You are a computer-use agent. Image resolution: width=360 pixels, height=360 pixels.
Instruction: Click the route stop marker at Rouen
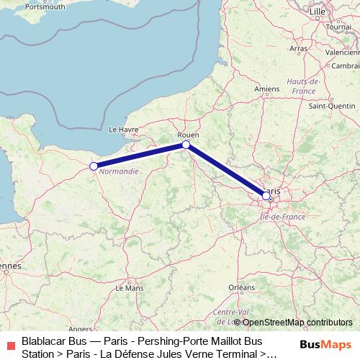coord(186,145)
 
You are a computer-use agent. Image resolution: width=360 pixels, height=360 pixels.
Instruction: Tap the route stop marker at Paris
coord(266,195)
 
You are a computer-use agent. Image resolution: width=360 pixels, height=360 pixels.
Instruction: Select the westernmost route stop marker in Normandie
coord(93,166)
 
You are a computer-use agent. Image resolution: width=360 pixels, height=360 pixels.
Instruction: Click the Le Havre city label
coord(122,130)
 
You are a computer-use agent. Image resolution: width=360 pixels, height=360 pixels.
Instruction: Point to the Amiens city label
coord(266,89)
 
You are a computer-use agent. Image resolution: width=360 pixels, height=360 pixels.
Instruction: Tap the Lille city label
coord(316,12)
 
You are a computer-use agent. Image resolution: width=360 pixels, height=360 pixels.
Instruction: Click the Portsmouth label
coord(45,6)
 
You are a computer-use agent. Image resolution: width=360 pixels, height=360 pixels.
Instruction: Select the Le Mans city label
coord(130,287)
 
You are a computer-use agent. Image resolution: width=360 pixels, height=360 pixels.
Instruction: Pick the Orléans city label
coord(241,287)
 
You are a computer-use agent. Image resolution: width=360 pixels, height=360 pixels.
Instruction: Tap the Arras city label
coord(298,49)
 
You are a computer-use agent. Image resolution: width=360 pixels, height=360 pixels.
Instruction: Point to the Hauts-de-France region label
coord(302,86)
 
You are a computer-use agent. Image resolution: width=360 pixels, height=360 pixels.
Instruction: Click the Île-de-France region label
coord(284,216)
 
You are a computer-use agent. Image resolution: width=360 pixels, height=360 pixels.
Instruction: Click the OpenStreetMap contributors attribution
coord(297,322)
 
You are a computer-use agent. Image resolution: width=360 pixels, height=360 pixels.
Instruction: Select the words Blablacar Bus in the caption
coord(52,340)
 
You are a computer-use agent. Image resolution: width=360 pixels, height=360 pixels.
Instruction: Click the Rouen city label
coord(187,134)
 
